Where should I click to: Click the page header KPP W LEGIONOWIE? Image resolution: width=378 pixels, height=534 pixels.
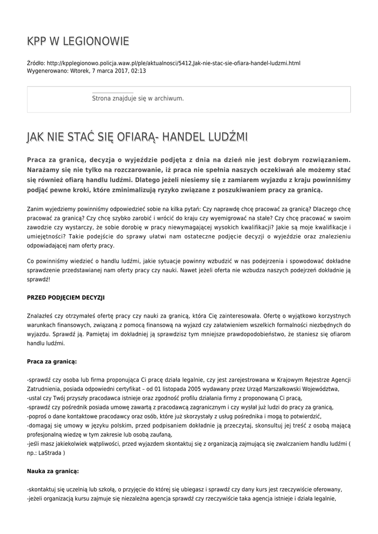[x=78, y=42]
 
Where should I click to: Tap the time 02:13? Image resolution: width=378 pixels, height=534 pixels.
[x=138, y=70]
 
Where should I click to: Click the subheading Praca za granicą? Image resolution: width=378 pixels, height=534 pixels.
[x=52, y=361]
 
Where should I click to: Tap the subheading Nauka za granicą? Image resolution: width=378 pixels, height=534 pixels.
[x=53, y=471]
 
